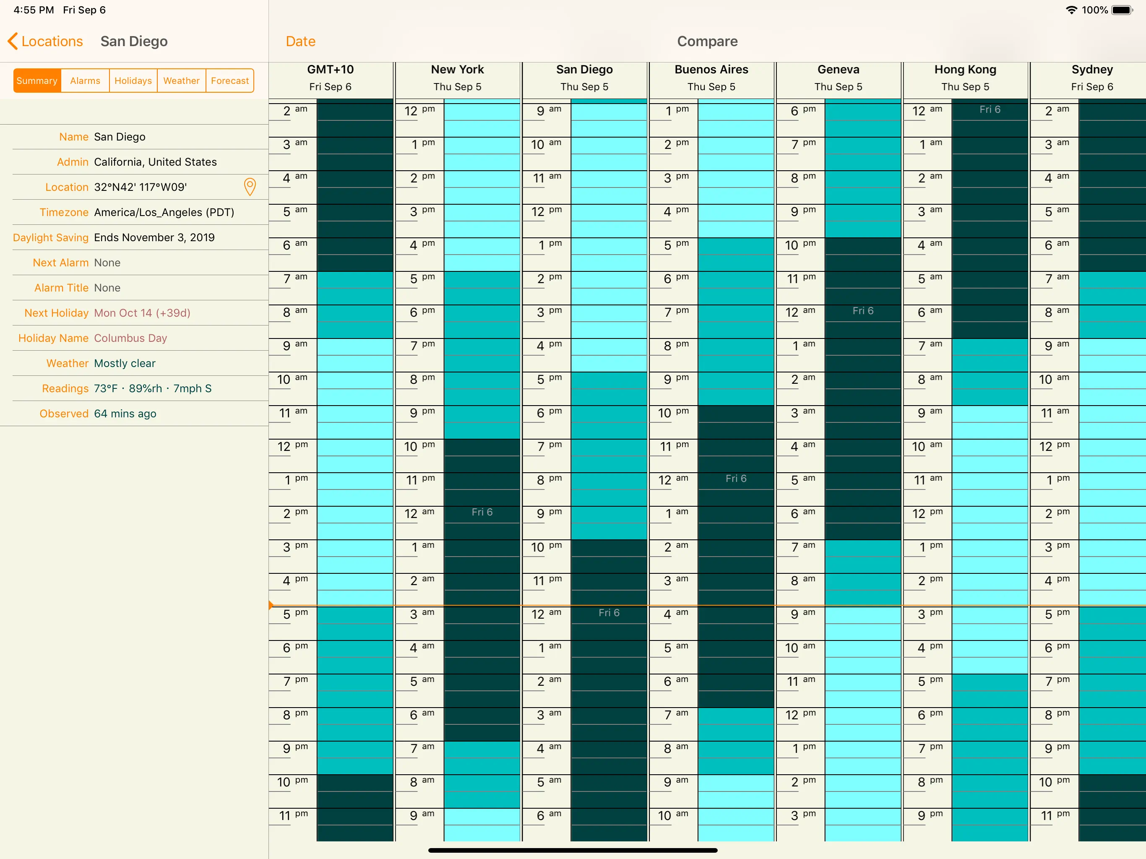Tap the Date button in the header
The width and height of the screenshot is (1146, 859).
300,42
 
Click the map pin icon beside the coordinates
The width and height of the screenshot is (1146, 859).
250,187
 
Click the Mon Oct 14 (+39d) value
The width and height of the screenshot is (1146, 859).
142,313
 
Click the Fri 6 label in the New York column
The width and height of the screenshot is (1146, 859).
482,512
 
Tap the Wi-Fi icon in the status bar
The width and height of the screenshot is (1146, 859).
1071,10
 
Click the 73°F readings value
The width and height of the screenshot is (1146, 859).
106,388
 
